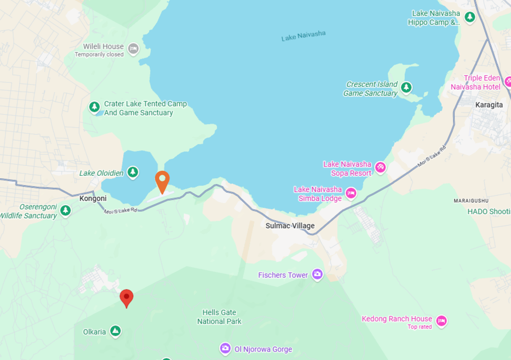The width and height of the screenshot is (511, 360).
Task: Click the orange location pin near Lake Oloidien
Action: (162, 181)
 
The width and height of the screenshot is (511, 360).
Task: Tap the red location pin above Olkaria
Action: (127, 298)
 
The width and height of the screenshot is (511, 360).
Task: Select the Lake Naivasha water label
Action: (303, 36)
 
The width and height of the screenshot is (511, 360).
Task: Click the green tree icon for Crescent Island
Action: (406, 88)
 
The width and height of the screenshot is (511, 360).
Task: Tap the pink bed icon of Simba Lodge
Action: (351, 193)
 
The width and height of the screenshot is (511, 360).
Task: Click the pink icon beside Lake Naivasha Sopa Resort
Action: (380, 167)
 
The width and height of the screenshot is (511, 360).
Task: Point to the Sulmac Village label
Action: (290, 226)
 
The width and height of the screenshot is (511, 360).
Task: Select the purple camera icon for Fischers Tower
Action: (317, 274)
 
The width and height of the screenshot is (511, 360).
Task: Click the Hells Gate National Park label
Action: (219, 317)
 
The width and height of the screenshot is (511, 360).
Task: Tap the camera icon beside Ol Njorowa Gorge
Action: (225, 348)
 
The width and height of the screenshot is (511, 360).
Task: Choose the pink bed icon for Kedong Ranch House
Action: (441, 321)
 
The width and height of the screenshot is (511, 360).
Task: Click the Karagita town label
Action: (489, 105)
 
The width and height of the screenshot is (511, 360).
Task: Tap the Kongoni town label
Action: (93, 198)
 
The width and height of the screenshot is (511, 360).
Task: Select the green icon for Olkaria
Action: (115, 331)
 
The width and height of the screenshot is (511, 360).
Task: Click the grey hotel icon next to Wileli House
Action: (133, 48)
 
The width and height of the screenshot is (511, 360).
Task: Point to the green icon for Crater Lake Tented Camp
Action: (94, 107)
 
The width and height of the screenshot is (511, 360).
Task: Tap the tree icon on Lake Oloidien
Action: (132, 172)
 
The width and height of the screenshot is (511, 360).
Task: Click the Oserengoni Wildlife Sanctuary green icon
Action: (65, 211)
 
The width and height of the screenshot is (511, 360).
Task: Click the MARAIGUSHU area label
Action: (471, 201)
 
